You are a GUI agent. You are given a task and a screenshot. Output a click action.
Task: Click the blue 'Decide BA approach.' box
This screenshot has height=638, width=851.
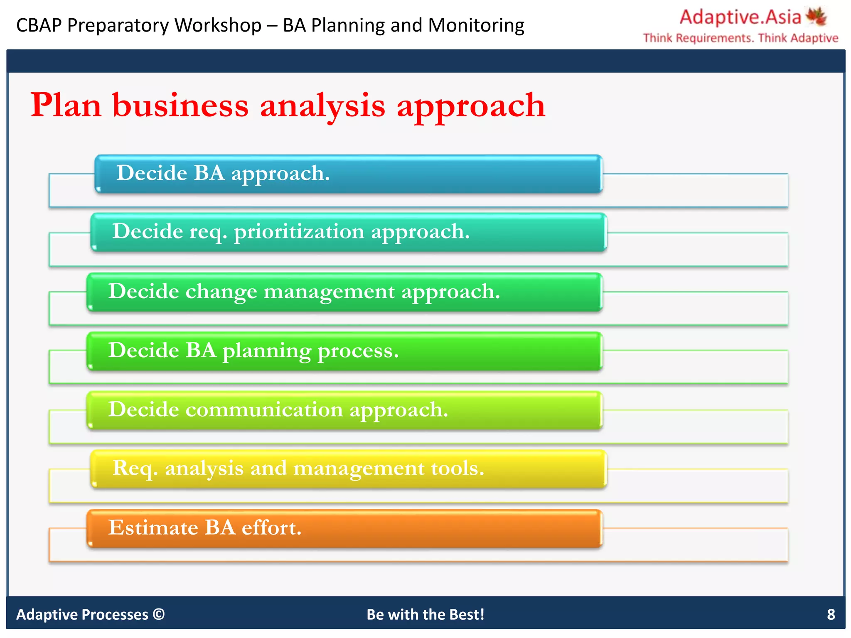point(348,174)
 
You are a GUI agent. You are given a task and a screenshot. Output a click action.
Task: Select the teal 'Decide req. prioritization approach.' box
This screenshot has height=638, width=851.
point(348,232)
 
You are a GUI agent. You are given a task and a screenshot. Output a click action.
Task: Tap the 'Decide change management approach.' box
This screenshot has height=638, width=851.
point(344,292)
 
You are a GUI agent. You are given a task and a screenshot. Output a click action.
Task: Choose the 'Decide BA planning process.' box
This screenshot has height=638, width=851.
point(344,351)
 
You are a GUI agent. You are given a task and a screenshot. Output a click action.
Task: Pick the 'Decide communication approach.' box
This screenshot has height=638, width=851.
point(344,410)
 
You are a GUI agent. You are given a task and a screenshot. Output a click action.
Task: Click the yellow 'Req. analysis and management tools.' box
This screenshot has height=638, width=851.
point(348,469)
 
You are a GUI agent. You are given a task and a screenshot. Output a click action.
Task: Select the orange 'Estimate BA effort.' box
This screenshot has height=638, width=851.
point(344,528)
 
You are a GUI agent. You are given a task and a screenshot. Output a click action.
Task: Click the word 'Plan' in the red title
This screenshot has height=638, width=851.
point(66,106)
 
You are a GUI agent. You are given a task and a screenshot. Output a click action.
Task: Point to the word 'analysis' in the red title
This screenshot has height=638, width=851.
point(322,106)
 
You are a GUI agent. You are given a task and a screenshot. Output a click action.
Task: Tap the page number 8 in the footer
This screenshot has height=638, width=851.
point(831,614)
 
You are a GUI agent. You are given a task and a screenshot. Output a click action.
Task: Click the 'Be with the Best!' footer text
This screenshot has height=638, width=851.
point(425,614)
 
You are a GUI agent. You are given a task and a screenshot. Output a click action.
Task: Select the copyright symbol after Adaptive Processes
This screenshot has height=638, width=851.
point(159,614)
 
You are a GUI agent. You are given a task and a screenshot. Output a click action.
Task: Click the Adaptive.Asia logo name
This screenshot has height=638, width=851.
point(740,17)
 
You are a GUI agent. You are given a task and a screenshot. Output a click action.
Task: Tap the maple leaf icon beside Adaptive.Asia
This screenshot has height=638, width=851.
point(816,16)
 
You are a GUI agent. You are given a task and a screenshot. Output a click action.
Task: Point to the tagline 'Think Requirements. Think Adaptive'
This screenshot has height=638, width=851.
point(740,38)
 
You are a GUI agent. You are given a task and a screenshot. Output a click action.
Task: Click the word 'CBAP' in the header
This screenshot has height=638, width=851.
point(39,25)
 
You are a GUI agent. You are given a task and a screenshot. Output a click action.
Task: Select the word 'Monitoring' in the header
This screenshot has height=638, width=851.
point(476,25)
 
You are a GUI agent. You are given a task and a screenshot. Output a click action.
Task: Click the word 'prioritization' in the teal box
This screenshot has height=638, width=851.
point(299,232)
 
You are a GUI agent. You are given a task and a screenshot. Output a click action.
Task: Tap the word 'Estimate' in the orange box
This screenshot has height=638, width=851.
point(153,528)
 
